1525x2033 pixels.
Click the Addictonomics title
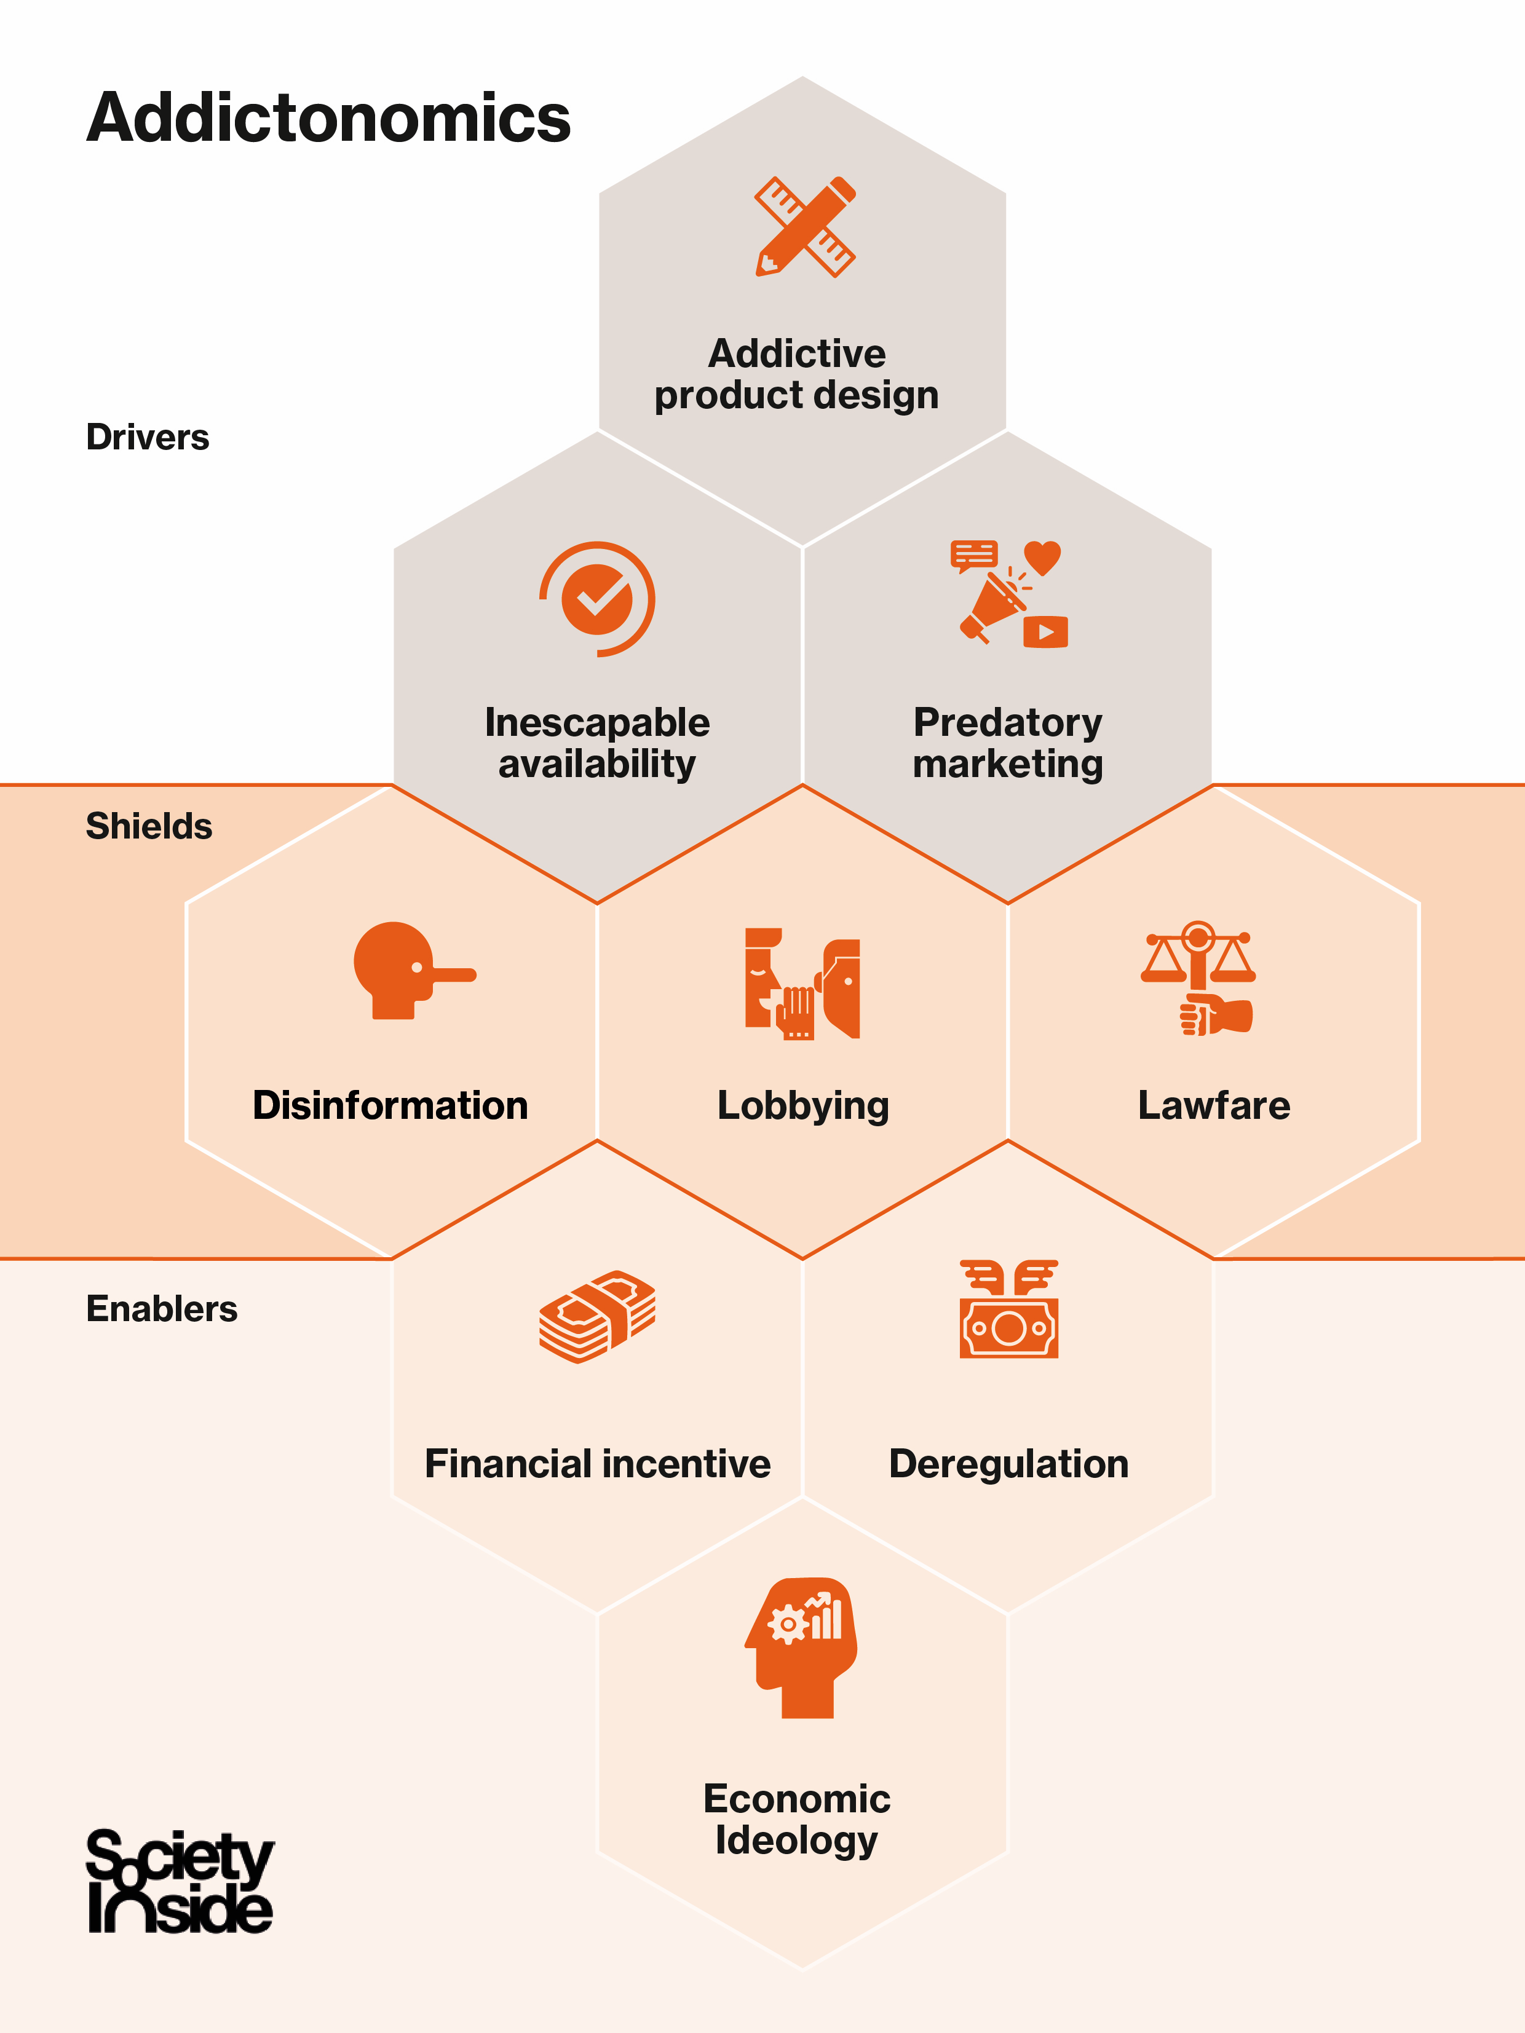(328, 119)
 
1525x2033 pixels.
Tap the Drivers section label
(147, 438)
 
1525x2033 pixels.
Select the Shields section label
(149, 826)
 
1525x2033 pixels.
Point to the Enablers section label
(162, 1309)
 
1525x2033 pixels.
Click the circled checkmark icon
(598, 599)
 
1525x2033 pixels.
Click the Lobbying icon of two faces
(802, 984)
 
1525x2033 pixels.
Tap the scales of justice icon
(1198, 977)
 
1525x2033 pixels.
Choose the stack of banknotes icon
(598, 1316)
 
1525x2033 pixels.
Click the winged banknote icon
(1008, 1309)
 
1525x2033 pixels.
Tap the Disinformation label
(390, 1106)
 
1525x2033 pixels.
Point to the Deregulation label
(1008, 1464)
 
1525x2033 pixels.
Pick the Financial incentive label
(598, 1464)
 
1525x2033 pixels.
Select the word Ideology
(796, 1841)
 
